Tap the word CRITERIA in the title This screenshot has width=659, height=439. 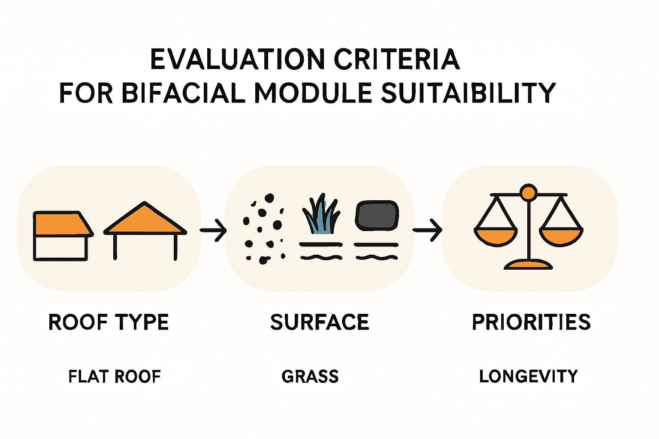point(397,59)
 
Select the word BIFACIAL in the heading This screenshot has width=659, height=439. point(183,93)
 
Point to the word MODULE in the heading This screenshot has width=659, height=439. point(313,93)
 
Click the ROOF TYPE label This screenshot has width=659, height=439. point(109,322)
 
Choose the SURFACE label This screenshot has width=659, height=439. point(320,322)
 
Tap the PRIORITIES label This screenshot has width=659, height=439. point(531,322)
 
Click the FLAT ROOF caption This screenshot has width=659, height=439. point(115,376)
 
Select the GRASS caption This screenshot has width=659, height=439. point(310,376)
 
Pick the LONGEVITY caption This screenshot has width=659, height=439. point(529,376)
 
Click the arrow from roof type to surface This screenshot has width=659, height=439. point(213,230)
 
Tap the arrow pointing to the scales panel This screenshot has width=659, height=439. point(427,230)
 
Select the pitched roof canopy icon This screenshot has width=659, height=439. point(145,231)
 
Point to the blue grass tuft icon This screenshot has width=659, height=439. point(321,214)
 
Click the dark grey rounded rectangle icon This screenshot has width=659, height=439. point(377,216)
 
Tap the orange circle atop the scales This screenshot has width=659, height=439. point(529,193)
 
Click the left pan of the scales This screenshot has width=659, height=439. point(496,237)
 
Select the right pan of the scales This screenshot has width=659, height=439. point(561,237)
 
